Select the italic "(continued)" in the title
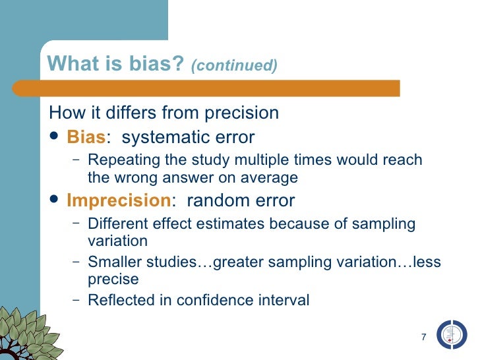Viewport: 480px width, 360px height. coord(234,65)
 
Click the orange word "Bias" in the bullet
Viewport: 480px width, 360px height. coord(86,137)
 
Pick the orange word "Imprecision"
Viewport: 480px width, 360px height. coord(118,200)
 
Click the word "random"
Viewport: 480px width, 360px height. coord(213,200)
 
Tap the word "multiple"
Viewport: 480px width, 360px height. coord(247,160)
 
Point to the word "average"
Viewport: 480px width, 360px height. coord(271,177)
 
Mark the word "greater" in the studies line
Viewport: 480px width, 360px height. coord(227,262)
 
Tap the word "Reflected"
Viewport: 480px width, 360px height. coord(118,301)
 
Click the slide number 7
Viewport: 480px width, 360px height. coord(423,338)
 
